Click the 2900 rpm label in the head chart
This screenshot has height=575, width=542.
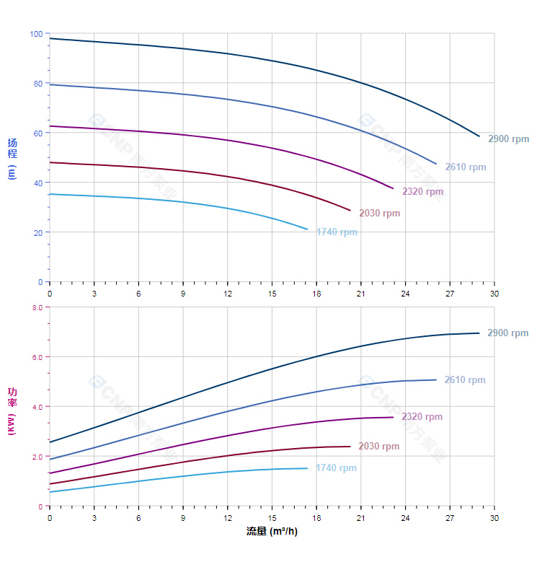(508, 139)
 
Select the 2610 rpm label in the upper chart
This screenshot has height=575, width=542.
(465, 167)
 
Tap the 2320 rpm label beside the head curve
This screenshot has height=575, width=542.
(422, 192)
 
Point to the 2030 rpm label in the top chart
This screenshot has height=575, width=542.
(379, 214)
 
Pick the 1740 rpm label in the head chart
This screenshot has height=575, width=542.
(337, 232)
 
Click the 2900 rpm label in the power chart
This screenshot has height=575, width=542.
(508, 333)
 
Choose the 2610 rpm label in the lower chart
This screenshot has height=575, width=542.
(465, 380)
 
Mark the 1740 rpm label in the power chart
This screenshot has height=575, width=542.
(336, 468)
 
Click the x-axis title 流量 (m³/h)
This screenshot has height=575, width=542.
(272, 532)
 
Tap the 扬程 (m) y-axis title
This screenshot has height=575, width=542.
(12, 158)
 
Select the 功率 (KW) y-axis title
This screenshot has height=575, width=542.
(12, 411)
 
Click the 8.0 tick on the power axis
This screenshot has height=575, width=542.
(37, 307)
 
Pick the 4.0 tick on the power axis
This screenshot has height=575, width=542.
(37, 407)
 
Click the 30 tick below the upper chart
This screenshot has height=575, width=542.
(494, 294)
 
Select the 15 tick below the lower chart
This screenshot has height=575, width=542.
(272, 518)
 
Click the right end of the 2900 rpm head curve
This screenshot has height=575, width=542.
(479, 136)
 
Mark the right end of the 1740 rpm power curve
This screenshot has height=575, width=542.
(307, 468)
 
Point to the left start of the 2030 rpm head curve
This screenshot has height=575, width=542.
(50, 162)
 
